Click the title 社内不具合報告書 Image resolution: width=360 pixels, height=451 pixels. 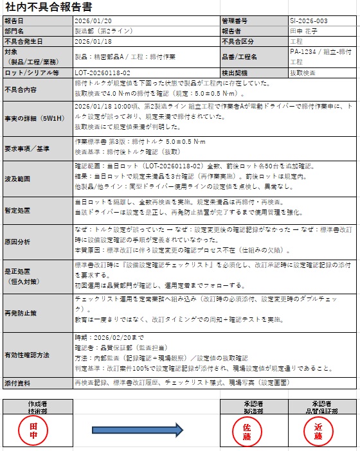[40, 8]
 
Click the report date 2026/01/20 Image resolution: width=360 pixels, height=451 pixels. [93, 21]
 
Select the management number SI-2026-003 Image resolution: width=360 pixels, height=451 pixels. [309, 21]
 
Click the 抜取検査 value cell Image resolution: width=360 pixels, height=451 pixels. [305, 73]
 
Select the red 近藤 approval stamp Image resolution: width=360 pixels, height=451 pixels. [318, 430]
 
